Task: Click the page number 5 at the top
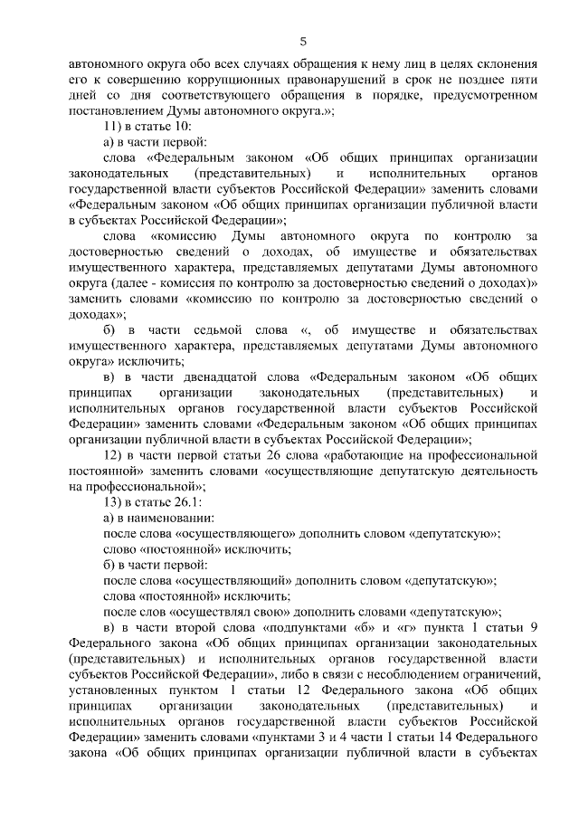coord(304,41)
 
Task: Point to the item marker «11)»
coord(115,127)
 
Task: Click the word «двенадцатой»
coord(232,376)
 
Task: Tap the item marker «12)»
coord(115,454)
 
